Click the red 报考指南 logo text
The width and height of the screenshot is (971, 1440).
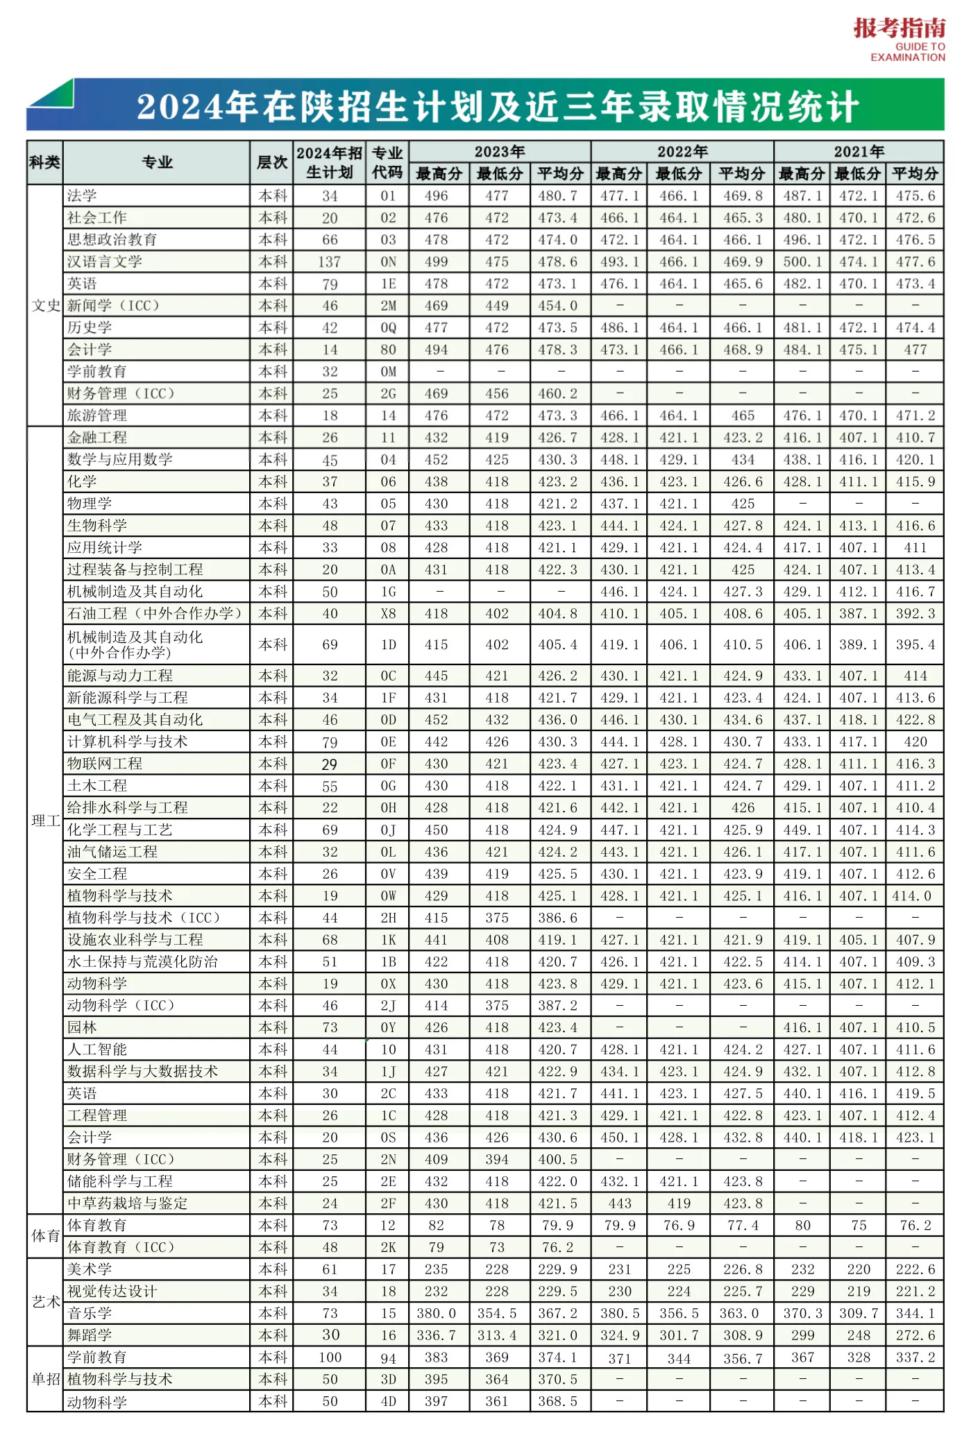[899, 28]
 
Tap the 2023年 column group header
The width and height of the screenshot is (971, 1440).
[499, 151]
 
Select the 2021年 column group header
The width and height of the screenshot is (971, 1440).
[859, 151]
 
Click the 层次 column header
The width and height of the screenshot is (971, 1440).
[271, 162]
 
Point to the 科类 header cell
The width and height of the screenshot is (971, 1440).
[45, 162]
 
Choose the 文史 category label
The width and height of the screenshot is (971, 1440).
[45, 305]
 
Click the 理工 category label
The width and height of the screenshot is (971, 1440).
[45, 821]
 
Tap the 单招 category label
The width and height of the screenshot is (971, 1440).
[45, 1379]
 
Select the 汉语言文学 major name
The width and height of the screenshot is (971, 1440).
[105, 262]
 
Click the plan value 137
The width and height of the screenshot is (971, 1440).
[330, 262]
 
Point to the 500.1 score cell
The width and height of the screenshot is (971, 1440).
[802, 262]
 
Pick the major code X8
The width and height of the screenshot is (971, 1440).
[388, 614]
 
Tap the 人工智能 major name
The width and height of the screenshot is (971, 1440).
[97, 1049]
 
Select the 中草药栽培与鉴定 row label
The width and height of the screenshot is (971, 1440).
[128, 1203]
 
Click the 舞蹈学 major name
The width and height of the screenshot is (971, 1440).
[90, 1335]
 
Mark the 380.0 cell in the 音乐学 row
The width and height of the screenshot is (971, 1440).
[436, 1313]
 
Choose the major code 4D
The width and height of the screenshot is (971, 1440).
[388, 1401]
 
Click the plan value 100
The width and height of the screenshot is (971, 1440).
[330, 1357]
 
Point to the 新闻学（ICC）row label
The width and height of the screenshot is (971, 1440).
[114, 305]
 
